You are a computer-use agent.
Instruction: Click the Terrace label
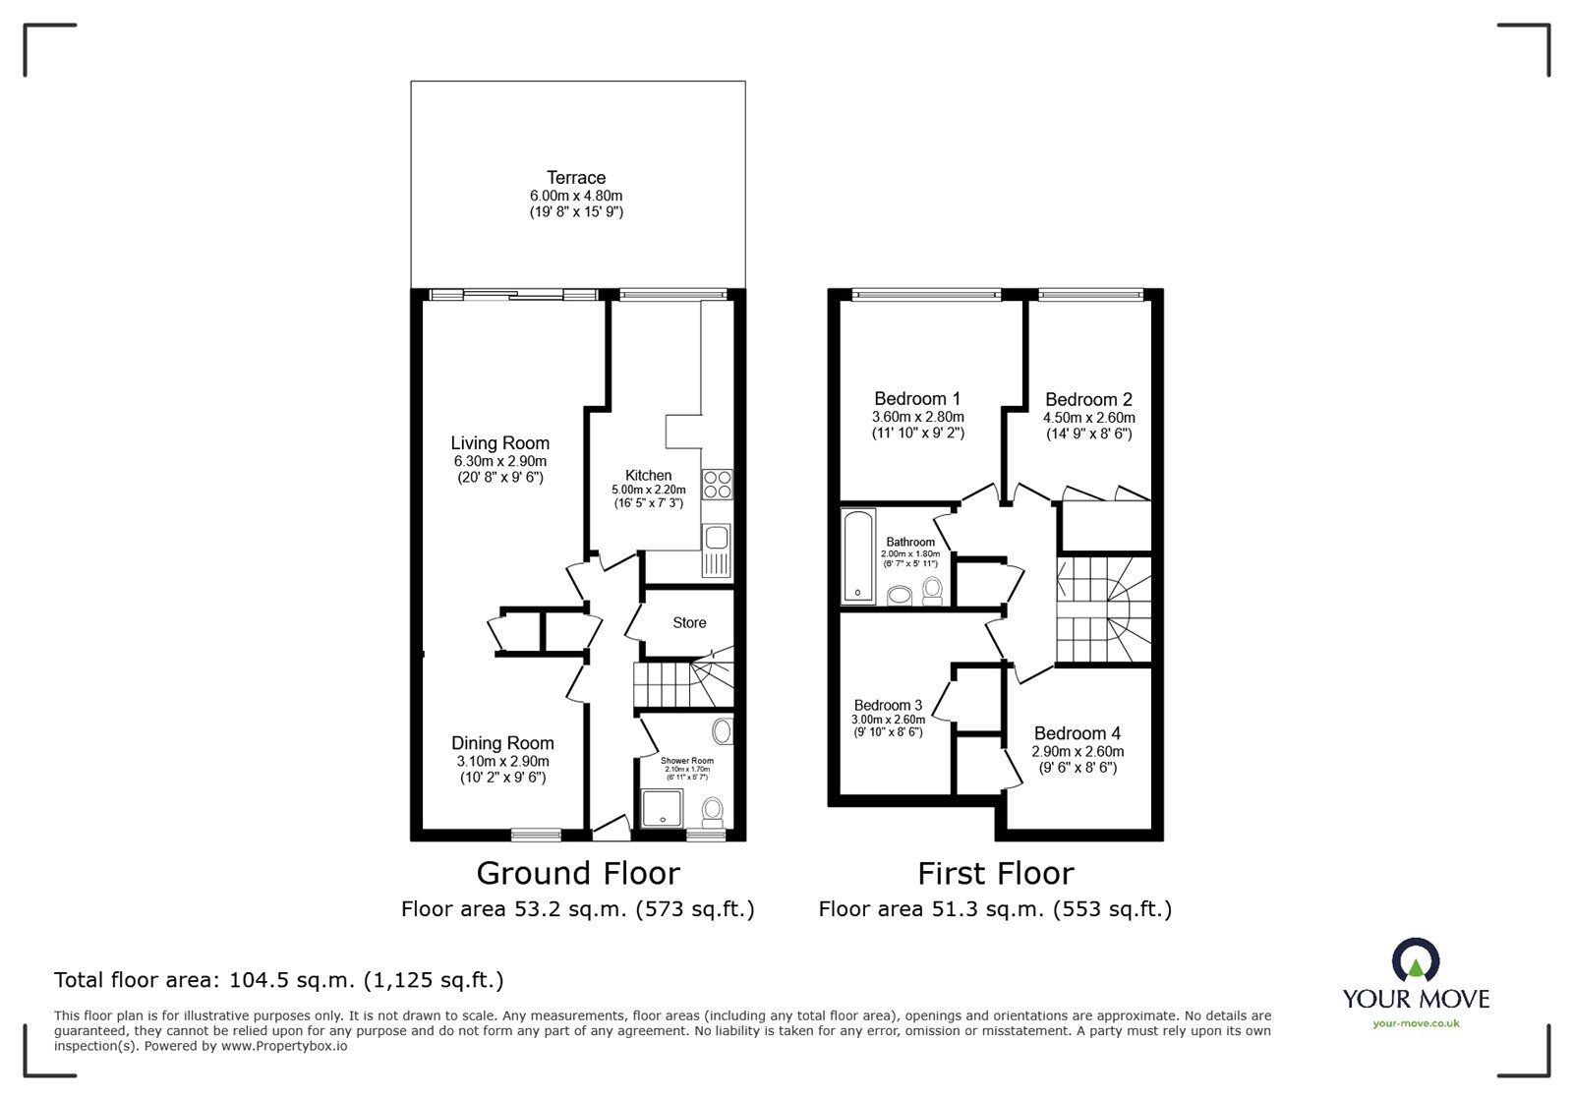click(576, 178)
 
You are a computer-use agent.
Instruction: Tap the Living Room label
click(499, 443)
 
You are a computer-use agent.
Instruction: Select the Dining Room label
click(502, 743)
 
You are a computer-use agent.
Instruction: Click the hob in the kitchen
click(717, 485)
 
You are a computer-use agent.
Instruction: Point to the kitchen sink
click(715, 538)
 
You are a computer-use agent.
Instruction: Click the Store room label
click(689, 622)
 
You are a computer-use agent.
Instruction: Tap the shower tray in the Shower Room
click(660, 808)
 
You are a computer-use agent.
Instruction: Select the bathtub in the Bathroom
click(858, 555)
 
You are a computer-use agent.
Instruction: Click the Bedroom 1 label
click(917, 399)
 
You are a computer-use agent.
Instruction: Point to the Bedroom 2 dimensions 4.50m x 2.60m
click(1088, 417)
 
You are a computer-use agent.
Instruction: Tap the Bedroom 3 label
click(888, 705)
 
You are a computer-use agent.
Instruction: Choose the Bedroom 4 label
click(1077, 733)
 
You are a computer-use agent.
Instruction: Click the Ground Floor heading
click(577, 873)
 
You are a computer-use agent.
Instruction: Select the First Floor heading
click(995, 873)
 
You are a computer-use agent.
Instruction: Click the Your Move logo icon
click(1416, 961)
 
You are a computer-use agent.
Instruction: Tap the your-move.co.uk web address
click(1416, 1023)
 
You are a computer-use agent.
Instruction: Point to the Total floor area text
click(278, 980)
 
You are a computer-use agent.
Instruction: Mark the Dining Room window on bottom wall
click(536, 835)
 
